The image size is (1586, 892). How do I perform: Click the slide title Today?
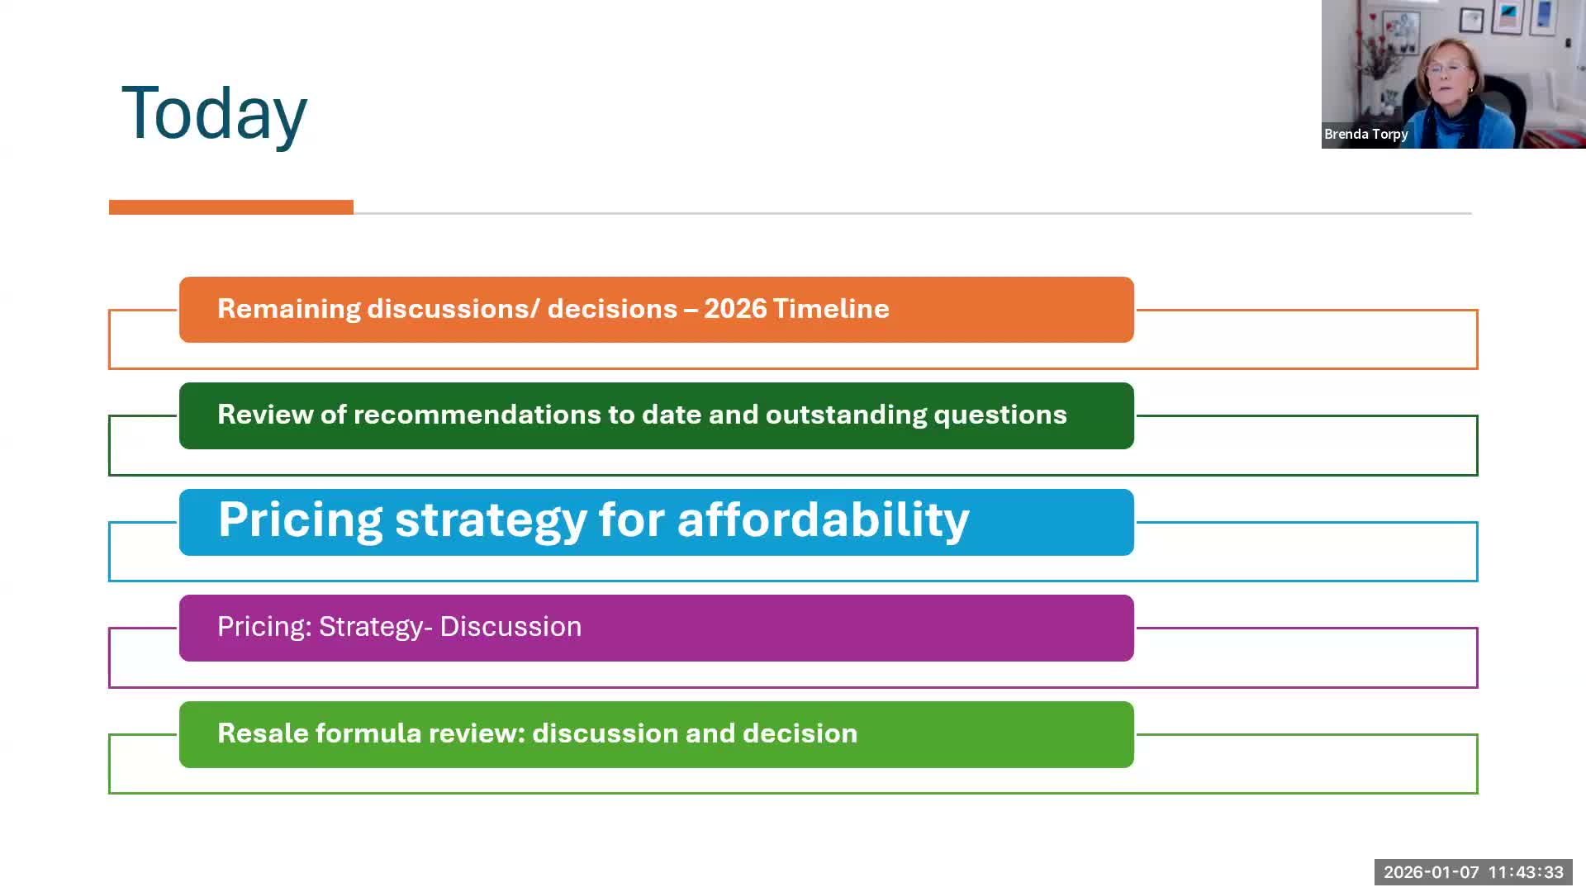click(x=214, y=113)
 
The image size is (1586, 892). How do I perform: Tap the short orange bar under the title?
click(x=231, y=207)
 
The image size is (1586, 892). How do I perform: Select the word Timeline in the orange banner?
click(x=831, y=309)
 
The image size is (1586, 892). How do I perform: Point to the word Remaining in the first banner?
click(x=289, y=310)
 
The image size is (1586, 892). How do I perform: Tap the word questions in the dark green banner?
click(x=1000, y=415)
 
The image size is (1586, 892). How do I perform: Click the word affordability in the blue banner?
click(x=824, y=520)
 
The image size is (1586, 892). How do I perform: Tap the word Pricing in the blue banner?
click(x=301, y=521)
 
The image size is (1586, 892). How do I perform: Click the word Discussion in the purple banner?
click(x=510, y=627)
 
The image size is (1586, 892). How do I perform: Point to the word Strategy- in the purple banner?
click(x=376, y=628)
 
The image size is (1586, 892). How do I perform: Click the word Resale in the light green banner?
click(x=263, y=733)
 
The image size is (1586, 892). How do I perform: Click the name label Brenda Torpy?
click(x=1366, y=135)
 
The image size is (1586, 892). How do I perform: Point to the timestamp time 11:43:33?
click(x=1526, y=872)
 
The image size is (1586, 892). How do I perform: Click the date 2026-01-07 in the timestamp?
click(x=1432, y=872)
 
